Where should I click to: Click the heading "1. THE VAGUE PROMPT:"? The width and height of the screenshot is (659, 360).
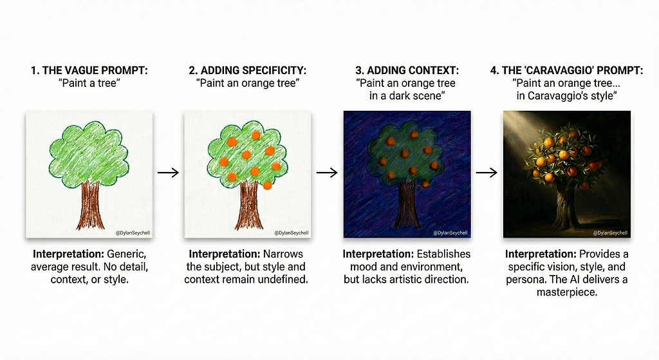tap(89, 70)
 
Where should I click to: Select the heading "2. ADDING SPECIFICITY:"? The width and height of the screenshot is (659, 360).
tap(248, 70)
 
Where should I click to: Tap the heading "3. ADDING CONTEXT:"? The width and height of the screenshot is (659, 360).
tap(407, 70)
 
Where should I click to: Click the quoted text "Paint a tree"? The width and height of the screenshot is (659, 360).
tap(89, 83)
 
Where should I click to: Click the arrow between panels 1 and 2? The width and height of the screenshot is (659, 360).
tap(168, 173)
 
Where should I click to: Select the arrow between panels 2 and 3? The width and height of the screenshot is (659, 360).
tap(327, 173)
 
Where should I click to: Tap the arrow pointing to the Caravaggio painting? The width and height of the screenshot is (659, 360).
tap(487, 173)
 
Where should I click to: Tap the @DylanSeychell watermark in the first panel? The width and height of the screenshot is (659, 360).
tap(133, 233)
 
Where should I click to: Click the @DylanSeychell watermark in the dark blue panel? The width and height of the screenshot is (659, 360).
tap(450, 233)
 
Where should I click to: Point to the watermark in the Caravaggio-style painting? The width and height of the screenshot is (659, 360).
tap(610, 233)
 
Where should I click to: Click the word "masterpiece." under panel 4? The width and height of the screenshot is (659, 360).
tap(567, 292)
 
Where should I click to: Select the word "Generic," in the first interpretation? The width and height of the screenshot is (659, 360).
tap(127, 254)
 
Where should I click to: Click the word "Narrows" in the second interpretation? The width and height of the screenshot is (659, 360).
tap(283, 254)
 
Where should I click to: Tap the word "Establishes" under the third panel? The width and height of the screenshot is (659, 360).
tap(443, 254)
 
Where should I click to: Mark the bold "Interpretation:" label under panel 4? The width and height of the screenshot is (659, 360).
tap(541, 254)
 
